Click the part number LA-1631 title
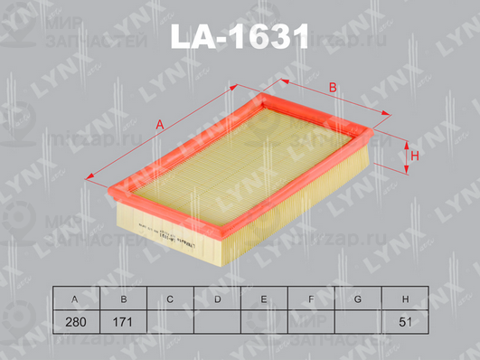240,37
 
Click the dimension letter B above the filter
333,88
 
